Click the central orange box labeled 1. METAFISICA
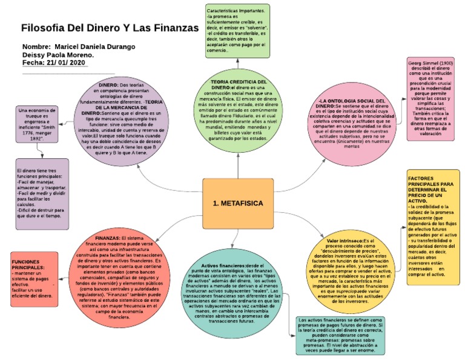coord(238,203)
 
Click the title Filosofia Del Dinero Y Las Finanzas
coord(110,28)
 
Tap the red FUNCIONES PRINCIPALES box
coord(34,279)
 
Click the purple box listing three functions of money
coord(42,193)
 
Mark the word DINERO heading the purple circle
coord(108,85)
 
